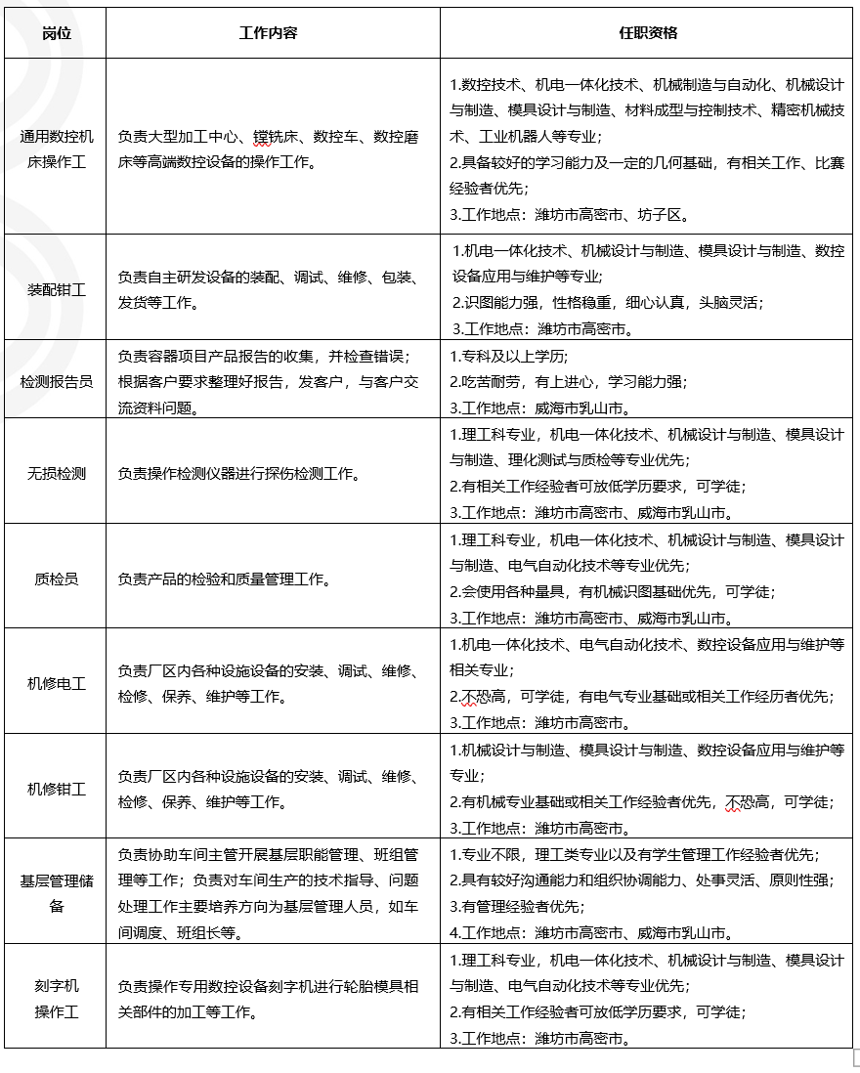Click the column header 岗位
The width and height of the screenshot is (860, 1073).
(56, 33)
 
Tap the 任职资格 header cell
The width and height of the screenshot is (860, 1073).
(648, 33)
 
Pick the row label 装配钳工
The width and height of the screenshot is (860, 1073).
(57, 290)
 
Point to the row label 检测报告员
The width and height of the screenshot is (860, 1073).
(57, 381)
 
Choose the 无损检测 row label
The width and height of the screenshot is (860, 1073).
(57, 474)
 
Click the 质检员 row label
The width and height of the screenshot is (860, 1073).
(57, 579)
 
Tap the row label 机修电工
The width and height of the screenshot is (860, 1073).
(57, 684)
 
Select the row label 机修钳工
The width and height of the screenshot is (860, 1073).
(57, 789)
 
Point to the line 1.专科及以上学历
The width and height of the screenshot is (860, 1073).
(509, 356)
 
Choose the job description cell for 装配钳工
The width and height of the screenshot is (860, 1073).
(269, 290)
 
